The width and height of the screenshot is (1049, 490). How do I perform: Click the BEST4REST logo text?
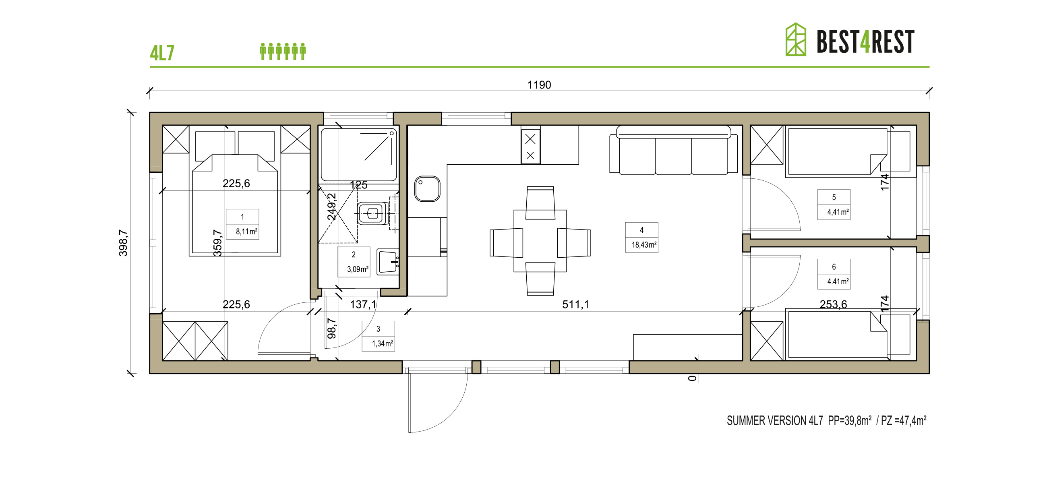[865, 41]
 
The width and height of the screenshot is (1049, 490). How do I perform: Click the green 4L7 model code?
[162, 53]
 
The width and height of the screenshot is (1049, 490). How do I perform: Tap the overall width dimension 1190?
[539, 85]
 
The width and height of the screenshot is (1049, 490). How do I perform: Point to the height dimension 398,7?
[123, 243]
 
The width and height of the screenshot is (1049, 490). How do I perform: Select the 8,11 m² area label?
[246, 232]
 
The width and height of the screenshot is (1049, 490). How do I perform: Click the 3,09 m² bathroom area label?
[358, 269]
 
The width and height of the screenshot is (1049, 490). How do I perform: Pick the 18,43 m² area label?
[644, 244]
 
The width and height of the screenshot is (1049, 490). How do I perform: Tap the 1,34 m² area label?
[383, 343]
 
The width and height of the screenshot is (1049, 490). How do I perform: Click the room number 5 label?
[834, 197]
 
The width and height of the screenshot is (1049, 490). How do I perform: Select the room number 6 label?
[834, 267]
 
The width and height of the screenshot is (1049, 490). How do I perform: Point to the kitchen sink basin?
[427, 188]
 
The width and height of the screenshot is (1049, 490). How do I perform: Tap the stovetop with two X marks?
[530, 147]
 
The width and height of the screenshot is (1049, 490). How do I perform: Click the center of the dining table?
[540, 241]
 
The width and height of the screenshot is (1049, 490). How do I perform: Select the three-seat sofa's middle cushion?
[674, 156]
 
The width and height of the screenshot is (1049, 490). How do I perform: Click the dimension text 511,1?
[575, 304]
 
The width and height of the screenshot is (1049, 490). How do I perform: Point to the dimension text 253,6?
[833, 304]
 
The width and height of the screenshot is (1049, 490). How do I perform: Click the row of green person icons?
[283, 51]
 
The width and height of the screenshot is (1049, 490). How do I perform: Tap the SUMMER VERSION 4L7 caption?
[774, 420]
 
